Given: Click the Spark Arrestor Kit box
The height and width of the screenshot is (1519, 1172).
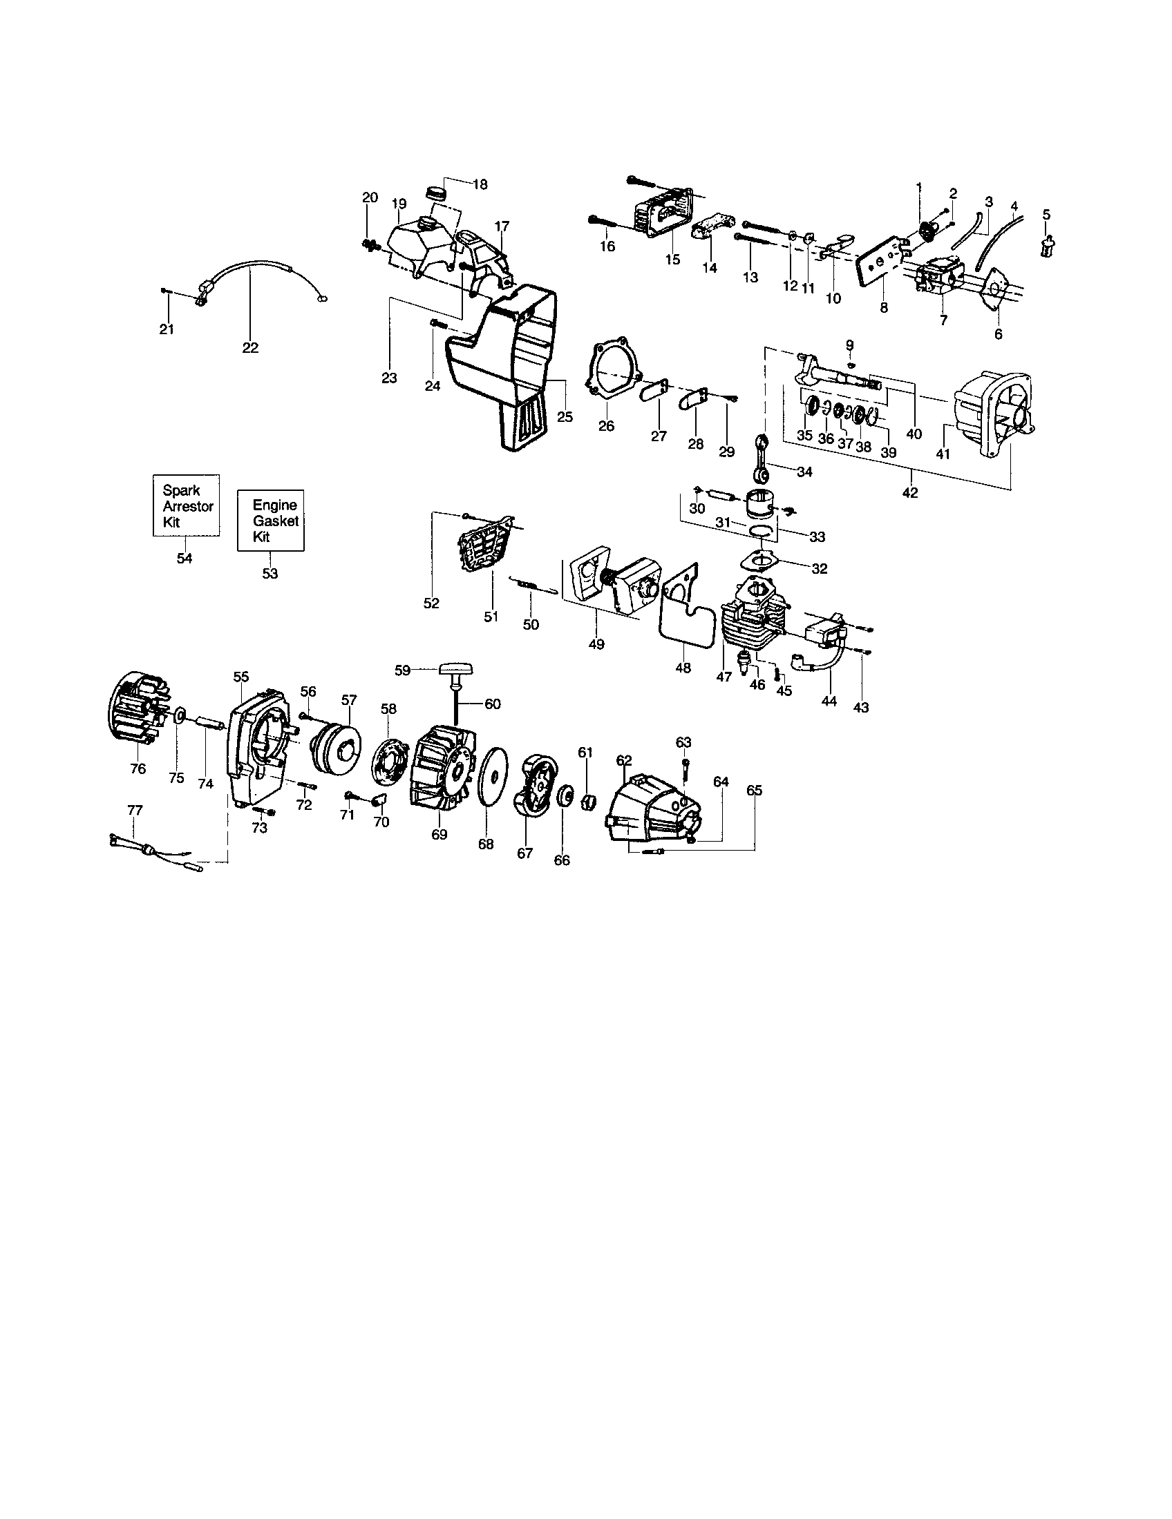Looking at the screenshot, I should tap(186, 505).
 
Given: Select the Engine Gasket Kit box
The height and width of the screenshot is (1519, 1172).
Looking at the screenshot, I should tap(271, 521).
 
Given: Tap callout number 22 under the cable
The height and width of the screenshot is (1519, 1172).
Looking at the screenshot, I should tap(250, 348).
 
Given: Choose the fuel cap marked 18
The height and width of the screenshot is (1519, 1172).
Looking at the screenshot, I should tap(436, 191).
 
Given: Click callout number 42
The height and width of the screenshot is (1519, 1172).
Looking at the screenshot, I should tap(909, 492).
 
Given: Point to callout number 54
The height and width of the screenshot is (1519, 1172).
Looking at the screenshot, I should tap(185, 558).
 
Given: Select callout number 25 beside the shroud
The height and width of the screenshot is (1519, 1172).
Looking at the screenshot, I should tap(565, 416).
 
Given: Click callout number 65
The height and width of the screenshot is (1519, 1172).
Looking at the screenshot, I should tap(755, 791).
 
